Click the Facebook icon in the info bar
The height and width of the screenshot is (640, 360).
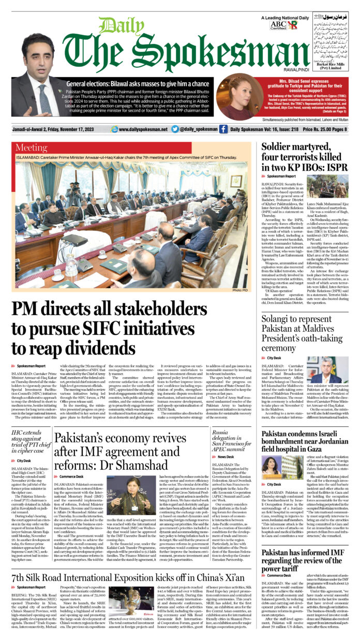[223, 129]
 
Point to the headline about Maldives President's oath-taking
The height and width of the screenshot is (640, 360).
[304, 334]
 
